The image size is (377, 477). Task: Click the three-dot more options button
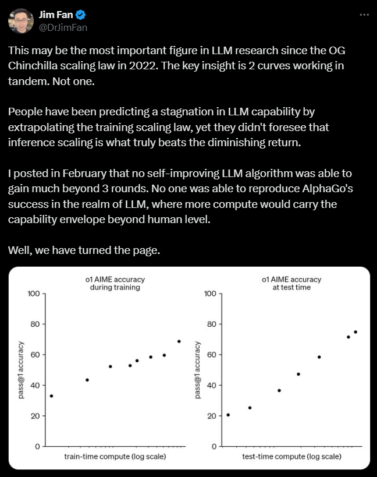coord(364,14)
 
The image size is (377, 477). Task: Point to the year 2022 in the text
coord(145,66)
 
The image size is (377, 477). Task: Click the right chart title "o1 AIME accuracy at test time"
coord(291,284)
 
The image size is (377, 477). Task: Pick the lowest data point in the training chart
coord(51,396)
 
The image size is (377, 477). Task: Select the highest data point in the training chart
coord(179,341)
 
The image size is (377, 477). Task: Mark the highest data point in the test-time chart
coord(355,332)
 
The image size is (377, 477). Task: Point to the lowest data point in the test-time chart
coord(227,415)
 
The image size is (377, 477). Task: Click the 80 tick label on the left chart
coord(34,324)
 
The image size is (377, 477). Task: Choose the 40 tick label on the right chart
coord(211,385)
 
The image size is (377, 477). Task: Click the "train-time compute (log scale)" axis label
coord(115,457)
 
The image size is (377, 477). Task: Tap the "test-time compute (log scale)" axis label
coord(291,457)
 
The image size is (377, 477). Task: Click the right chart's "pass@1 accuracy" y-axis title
coord(198,370)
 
